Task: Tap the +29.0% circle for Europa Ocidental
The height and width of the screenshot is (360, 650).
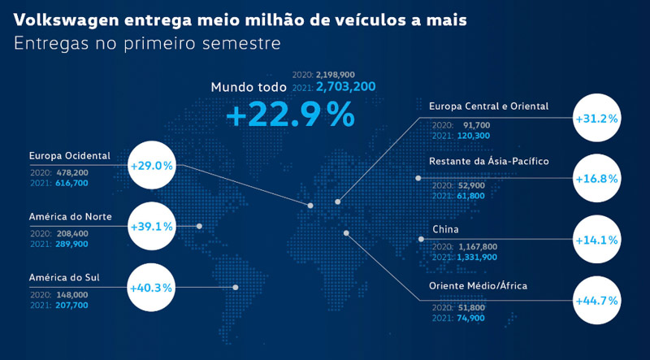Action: [151, 165]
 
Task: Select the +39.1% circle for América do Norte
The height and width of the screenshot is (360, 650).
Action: [151, 226]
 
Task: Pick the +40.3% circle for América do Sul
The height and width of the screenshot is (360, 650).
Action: [151, 287]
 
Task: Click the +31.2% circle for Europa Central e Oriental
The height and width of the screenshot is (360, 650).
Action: [596, 118]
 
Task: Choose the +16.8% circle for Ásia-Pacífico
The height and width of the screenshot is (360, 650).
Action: [596, 179]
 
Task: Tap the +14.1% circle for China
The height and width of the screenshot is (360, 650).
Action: [596, 240]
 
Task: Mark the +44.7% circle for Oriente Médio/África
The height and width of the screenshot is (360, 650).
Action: [596, 300]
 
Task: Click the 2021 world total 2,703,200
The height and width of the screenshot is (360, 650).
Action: [345, 85]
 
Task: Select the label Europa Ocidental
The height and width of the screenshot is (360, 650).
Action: [69, 155]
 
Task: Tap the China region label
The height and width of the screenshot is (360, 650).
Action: [446, 230]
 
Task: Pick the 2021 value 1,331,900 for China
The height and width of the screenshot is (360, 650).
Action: [476, 257]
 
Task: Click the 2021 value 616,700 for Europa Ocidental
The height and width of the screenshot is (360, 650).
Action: [71, 184]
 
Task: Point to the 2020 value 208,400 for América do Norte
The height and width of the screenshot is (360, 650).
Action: [71, 232]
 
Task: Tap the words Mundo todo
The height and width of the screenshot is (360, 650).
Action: [249, 87]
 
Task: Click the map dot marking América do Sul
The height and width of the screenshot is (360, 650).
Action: [236, 287]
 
